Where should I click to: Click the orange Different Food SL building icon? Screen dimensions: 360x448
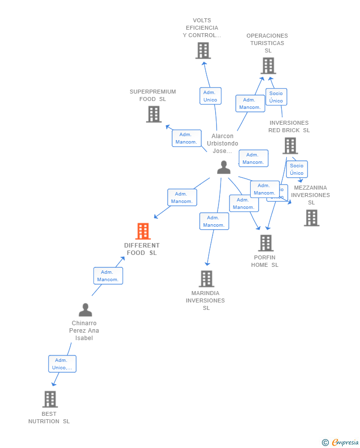(x=142, y=231)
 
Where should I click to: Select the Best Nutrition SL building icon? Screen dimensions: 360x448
(x=50, y=399)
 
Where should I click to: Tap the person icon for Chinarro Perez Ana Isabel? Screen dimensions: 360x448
(x=85, y=310)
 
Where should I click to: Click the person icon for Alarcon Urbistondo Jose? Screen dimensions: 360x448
(x=224, y=167)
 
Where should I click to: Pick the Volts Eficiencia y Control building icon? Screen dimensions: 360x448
(x=203, y=50)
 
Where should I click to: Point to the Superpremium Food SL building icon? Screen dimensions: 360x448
(x=154, y=114)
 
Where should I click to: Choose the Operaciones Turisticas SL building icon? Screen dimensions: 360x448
(x=268, y=65)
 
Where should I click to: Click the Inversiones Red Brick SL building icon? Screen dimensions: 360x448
(x=290, y=146)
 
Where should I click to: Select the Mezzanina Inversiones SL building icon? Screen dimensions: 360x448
(x=311, y=218)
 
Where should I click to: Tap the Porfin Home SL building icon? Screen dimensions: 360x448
(x=266, y=243)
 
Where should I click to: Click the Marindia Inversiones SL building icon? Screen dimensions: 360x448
(x=206, y=279)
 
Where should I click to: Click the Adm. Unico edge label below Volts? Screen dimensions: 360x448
(x=210, y=96)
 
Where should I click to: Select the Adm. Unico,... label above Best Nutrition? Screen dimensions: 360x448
(x=62, y=364)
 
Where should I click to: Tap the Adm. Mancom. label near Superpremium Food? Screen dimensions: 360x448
(x=186, y=138)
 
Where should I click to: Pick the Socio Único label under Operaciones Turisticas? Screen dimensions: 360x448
(x=276, y=97)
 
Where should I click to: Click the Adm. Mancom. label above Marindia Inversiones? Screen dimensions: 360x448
(x=214, y=221)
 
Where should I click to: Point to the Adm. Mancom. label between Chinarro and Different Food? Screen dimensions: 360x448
(x=108, y=276)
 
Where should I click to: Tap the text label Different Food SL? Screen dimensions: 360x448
(x=142, y=249)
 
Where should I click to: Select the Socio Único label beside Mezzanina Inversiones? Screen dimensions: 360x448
(x=297, y=169)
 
